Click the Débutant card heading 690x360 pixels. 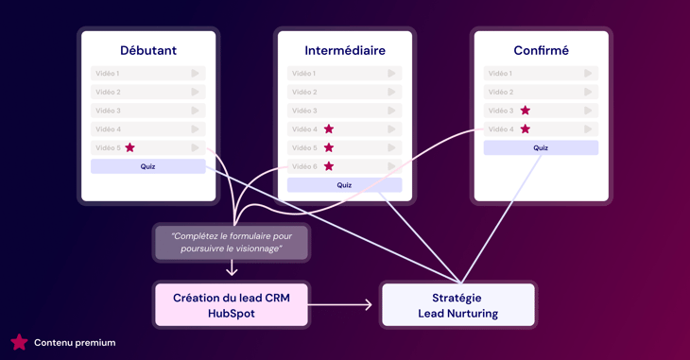[x=148, y=50]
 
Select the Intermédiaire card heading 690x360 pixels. [x=345, y=50]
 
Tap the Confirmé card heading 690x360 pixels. [x=541, y=50]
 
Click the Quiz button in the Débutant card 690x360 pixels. [x=148, y=166]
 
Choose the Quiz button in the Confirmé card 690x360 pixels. [x=541, y=147]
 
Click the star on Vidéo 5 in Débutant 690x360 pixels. [x=130, y=147]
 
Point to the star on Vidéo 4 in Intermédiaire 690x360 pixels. [x=329, y=129]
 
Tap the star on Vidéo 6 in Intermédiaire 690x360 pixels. [x=329, y=166]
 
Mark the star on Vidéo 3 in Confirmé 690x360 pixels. [x=526, y=111]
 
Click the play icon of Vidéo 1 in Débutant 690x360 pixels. [x=196, y=73]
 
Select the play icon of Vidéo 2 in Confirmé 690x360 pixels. [x=588, y=92]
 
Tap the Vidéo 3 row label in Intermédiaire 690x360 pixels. [x=304, y=111]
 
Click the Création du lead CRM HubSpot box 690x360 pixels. [x=232, y=305]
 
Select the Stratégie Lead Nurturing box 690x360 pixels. [x=457, y=305]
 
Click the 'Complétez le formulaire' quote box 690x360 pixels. [x=232, y=242]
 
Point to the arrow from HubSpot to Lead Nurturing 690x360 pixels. [x=342, y=305]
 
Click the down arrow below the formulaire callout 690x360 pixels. [x=232, y=269]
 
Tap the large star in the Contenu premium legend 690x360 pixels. [x=19, y=342]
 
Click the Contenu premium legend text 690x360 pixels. [x=75, y=343]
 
